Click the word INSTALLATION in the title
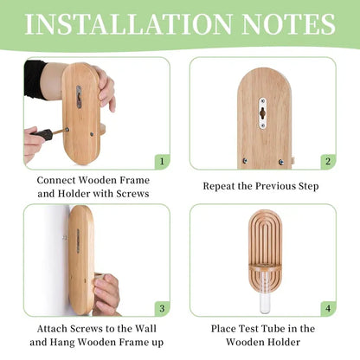pyautogui.click(x=129, y=24)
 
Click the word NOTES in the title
pyautogui.click(x=289, y=24)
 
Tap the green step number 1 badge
pyautogui.click(x=162, y=162)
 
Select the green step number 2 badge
pyautogui.click(x=328, y=162)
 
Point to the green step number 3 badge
pyautogui.click(x=162, y=309)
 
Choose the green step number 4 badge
pyautogui.click(x=328, y=309)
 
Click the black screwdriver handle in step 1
pyautogui.click(x=42, y=135)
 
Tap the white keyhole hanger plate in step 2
pyautogui.click(x=262, y=112)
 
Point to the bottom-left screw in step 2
pyautogui.click(x=245, y=161)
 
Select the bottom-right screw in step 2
pyautogui.click(x=281, y=162)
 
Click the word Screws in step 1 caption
pyautogui.click(x=132, y=194)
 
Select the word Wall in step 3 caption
pyautogui.click(x=146, y=329)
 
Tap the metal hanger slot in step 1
pyautogui.click(x=79, y=97)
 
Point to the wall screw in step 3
pyautogui.click(x=65, y=238)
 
